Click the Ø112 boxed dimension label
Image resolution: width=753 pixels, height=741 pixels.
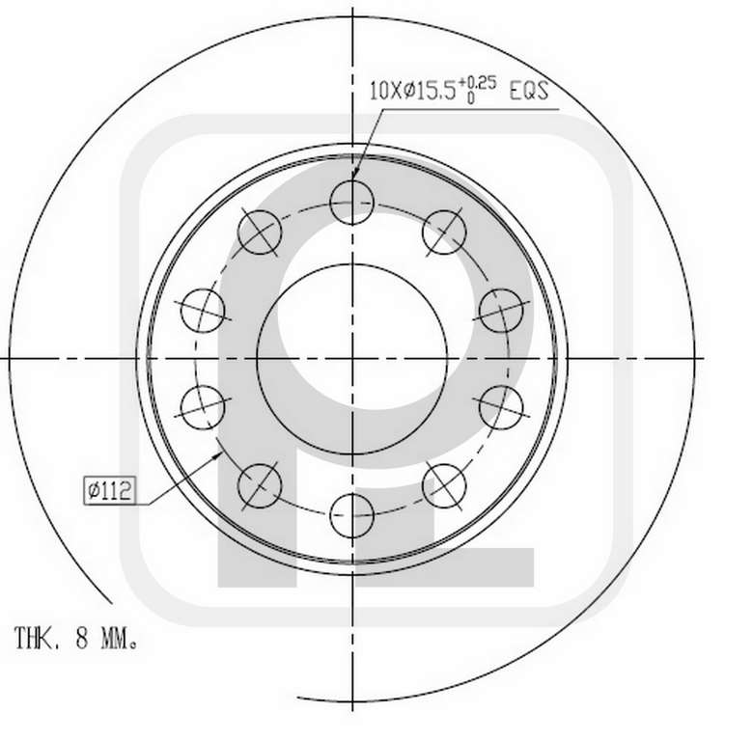[109, 490]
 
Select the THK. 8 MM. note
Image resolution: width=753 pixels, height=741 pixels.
[77, 639]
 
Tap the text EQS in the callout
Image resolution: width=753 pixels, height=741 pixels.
[528, 91]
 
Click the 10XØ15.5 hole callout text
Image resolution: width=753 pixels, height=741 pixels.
[413, 91]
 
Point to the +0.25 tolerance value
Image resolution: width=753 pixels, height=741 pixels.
[478, 85]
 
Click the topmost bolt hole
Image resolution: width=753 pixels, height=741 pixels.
[352, 203]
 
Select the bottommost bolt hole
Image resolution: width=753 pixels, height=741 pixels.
[352, 515]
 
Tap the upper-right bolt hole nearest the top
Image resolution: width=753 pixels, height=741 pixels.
[444, 233]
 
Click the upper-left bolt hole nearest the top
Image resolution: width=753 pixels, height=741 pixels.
[260, 233]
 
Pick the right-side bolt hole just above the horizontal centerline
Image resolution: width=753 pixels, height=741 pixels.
[501, 311]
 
